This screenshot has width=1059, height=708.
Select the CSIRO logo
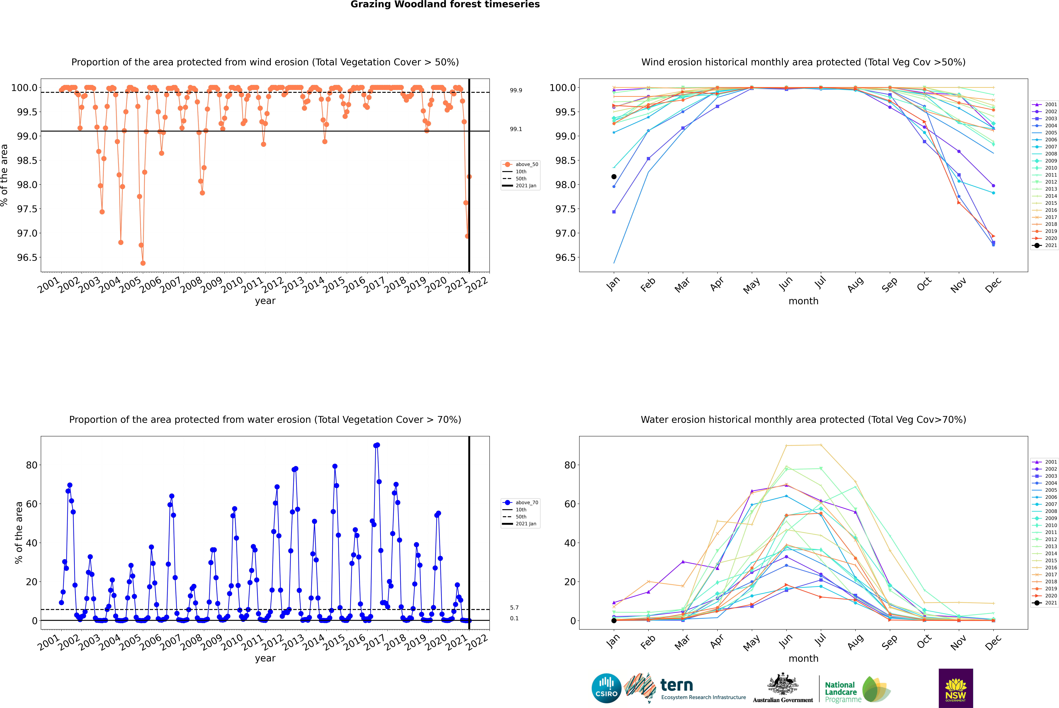pyautogui.click(x=606, y=688)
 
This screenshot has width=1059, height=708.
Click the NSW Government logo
pyautogui.click(x=956, y=688)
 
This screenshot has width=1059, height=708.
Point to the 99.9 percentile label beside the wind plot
pyautogui.click(x=516, y=90)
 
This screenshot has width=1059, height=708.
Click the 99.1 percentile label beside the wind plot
pyautogui.click(x=516, y=129)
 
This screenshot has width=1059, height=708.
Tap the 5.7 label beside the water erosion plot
pyautogui.click(x=514, y=608)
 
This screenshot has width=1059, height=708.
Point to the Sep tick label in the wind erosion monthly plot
pyautogui.click(x=889, y=284)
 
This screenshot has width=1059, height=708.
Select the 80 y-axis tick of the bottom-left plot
pyautogui.click(x=32, y=465)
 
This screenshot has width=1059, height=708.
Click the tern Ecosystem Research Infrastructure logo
pyautogui.click(x=685, y=688)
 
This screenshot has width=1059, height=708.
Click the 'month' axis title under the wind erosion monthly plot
pyautogui.click(x=803, y=301)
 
